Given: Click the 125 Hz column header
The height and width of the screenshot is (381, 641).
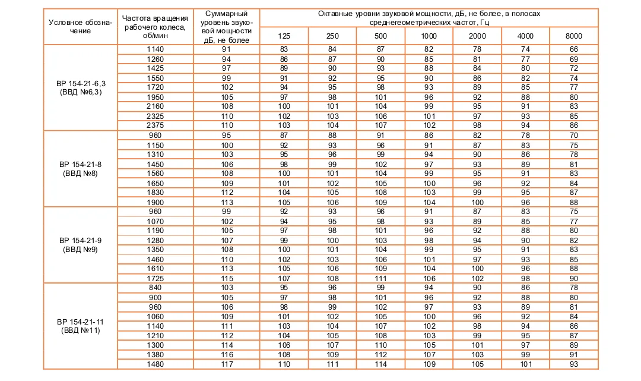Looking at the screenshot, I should click(x=284, y=36).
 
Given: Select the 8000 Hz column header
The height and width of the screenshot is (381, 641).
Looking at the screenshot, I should click(x=574, y=36).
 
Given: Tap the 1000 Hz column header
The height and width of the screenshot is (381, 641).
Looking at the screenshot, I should click(x=429, y=36).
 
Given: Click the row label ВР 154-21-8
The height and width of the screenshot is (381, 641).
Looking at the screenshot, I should click(x=81, y=168).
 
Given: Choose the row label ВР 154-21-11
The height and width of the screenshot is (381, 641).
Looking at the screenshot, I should click(x=81, y=325).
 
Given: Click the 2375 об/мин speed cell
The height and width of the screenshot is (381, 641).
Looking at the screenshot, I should click(x=157, y=125).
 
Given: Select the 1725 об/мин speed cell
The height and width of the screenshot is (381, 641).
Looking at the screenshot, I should click(x=157, y=278).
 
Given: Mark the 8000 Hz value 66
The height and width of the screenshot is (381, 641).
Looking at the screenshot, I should click(x=574, y=49).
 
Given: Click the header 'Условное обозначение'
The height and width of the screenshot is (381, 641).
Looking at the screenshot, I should click(x=81, y=27).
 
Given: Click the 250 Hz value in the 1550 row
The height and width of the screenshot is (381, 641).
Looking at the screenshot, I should click(x=332, y=78).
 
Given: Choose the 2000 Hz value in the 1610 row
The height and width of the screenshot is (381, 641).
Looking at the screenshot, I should click(x=477, y=268).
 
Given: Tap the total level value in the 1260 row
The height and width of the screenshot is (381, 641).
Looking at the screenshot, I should click(x=226, y=59).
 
